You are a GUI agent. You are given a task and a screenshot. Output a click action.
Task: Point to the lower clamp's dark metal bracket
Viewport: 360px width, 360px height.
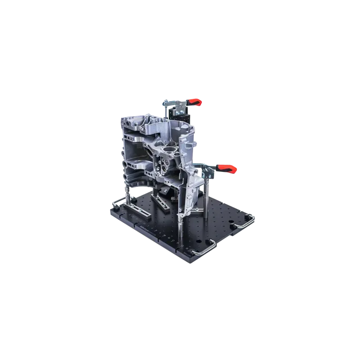(x=208, y=171)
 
